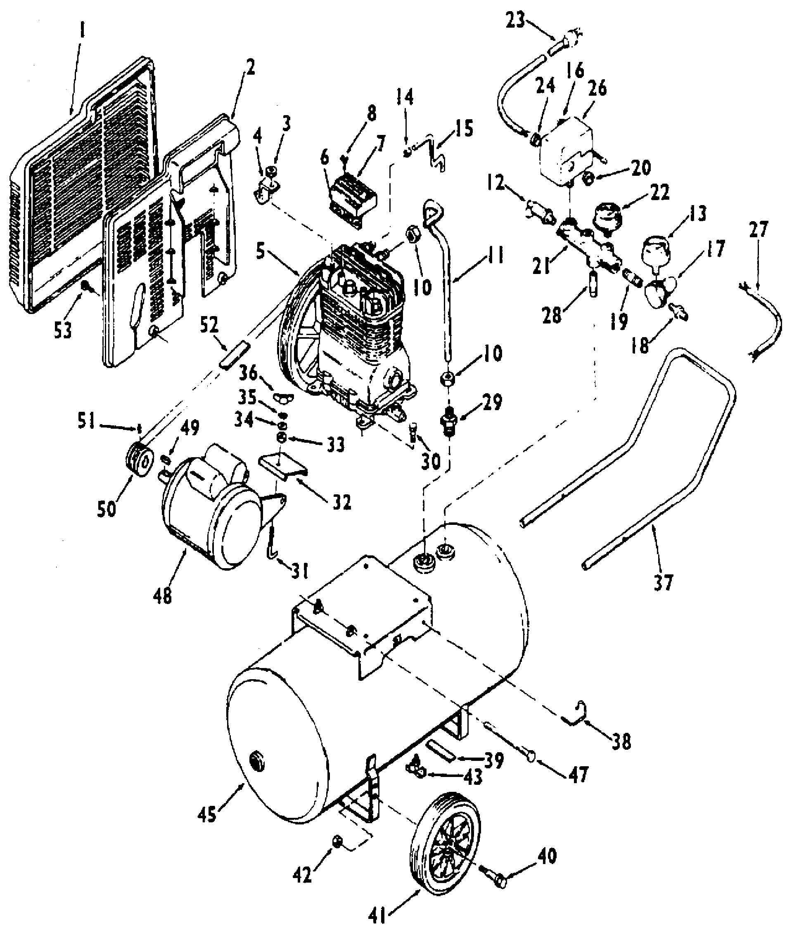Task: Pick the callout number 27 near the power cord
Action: point(759,230)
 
